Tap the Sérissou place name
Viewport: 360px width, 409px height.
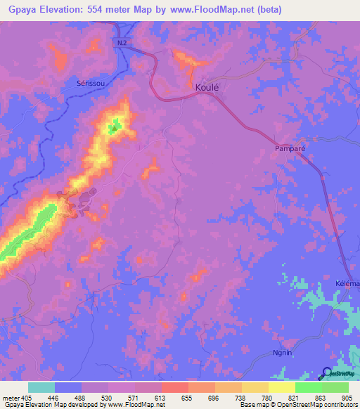click(90, 83)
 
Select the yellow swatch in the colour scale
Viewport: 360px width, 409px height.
click(282, 387)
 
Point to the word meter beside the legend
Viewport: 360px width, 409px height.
click(11, 397)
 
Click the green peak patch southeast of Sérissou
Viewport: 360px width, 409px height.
click(114, 127)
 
